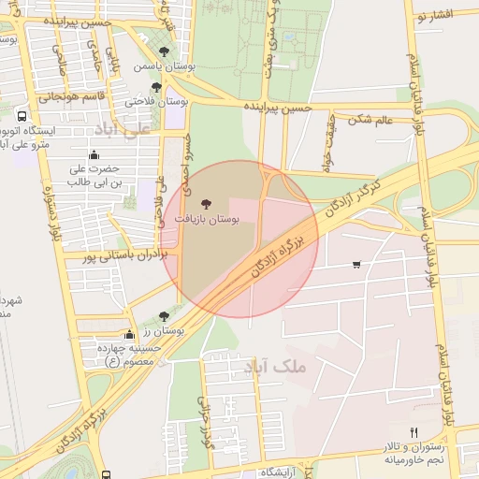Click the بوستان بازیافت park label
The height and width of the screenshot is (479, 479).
click(x=207, y=218)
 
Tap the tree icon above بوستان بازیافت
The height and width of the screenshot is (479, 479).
click(x=207, y=201)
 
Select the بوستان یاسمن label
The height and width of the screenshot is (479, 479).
click(x=163, y=67)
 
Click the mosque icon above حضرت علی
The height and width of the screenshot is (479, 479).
click(x=93, y=155)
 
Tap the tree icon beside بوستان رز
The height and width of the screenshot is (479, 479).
click(x=165, y=317)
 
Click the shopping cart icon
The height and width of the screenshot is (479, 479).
click(x=356, y=265)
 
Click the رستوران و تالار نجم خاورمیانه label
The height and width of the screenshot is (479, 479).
click(x=413, y=455)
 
